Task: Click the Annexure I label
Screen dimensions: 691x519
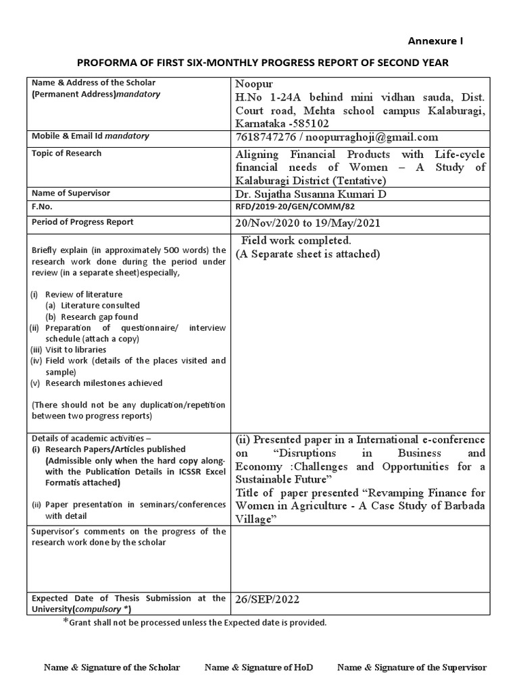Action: (x=435, y=41)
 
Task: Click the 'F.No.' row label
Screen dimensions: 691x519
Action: (x=42, y=206)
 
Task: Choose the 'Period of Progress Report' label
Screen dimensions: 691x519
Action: (x=82, y=222)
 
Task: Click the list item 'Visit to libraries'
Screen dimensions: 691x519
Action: (x=76, y=350)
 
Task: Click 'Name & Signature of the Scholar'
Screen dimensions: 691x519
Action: (x=112, y=667)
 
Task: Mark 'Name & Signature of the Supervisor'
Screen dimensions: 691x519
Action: (x=412, y=667)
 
